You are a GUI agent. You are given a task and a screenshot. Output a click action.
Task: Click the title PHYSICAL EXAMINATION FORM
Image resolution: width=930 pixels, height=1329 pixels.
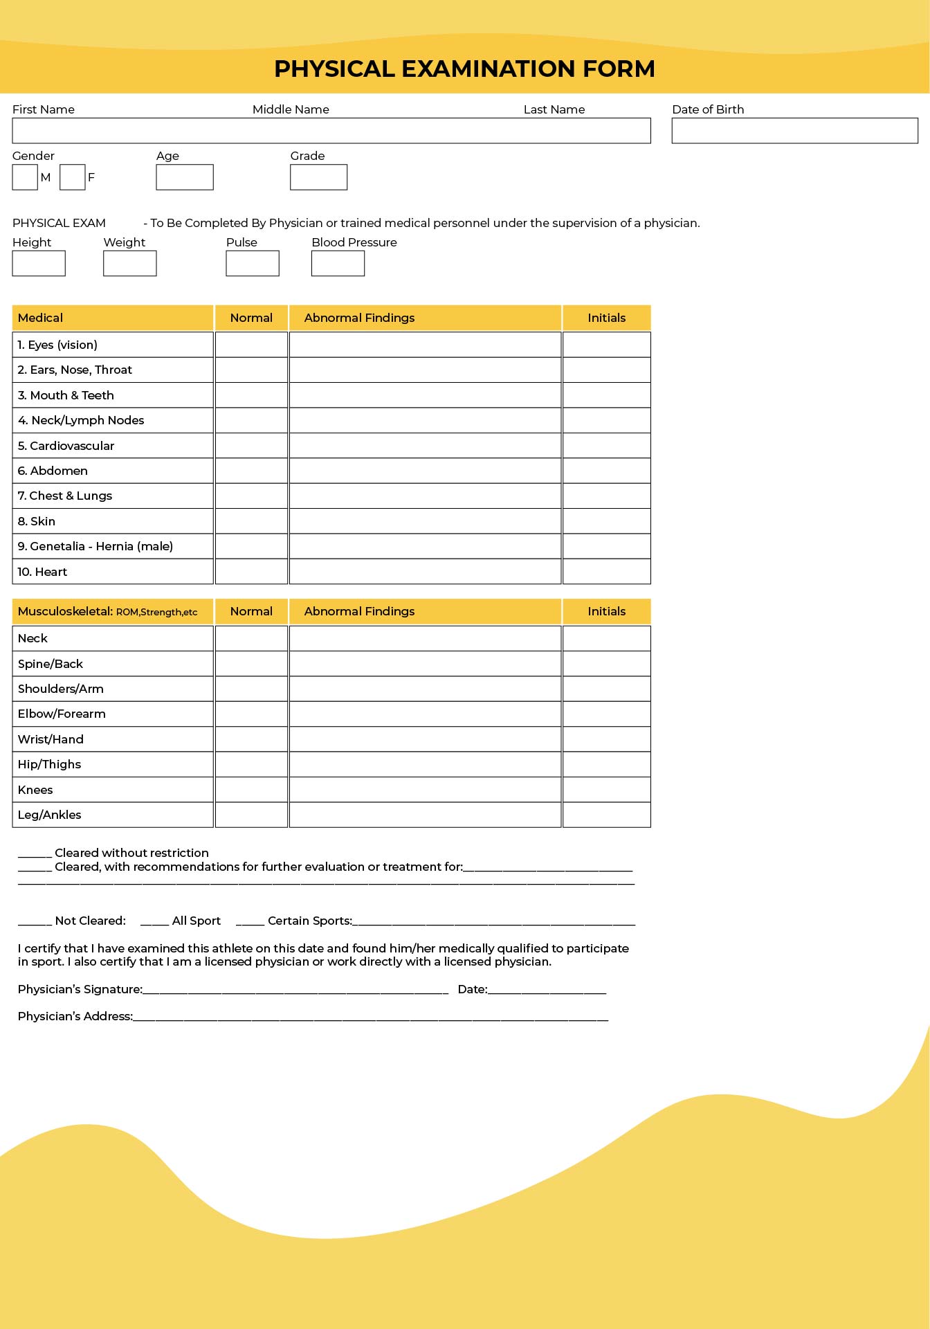click(464, 69)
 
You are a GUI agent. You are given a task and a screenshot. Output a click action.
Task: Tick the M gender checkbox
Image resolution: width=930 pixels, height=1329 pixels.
click(25, 177)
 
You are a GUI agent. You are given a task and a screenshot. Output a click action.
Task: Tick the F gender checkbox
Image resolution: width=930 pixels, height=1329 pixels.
click(72, 177)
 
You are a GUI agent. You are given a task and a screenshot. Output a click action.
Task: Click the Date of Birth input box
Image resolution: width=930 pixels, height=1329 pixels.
click(794, 131)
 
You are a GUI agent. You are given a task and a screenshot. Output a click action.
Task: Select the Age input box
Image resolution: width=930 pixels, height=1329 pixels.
click(185, 177)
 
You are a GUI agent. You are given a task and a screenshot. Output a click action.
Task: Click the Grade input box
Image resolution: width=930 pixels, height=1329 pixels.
click(318, 177)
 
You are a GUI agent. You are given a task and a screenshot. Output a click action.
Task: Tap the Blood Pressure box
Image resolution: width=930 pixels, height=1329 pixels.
click(338, 264)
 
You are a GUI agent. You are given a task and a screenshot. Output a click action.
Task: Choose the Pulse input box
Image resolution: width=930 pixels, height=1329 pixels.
click(253, 264)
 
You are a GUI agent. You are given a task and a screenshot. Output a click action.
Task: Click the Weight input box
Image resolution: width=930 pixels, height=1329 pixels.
click(130, 264)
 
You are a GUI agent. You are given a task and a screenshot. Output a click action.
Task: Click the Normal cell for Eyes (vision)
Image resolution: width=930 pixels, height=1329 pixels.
click(251, 345)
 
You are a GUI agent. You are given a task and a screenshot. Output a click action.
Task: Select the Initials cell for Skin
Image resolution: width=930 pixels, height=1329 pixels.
click(606, 521)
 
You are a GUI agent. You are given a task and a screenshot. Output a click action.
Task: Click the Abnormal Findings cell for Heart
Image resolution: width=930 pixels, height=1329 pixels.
click(425, 572)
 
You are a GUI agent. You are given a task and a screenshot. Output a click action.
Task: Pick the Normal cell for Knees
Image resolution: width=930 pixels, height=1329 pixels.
click(251, 790)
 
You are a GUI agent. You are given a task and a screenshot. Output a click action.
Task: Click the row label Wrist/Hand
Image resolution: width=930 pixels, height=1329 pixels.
click(51, 739)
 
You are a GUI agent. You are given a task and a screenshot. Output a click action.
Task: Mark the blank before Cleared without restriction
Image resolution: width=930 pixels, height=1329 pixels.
click(35, 854)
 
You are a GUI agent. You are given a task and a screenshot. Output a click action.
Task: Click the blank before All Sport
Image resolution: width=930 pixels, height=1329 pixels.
click(154, 922)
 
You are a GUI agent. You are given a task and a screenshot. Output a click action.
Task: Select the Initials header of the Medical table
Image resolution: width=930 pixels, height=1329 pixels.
click(606, 318)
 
